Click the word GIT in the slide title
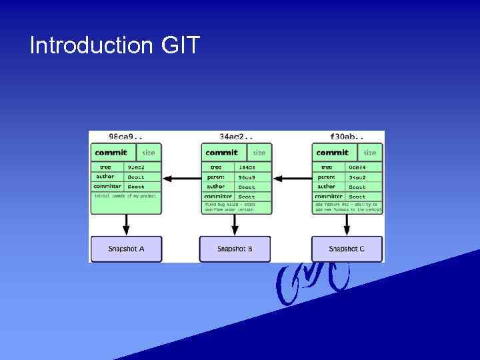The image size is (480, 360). (x=180, y=46)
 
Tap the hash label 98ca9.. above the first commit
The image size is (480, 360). (x=125, y=136)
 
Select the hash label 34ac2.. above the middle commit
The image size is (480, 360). (x=236, y=136)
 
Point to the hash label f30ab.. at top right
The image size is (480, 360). (x=347, y=136)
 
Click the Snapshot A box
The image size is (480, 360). (x=126, y=249)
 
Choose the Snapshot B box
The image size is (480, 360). (x=235, y=249)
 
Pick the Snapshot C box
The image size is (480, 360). (x=347, y=249)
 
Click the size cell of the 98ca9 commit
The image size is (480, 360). (x=148, y=153)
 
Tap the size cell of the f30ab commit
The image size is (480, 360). (x=370, y=153)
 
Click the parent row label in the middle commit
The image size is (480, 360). (x=216, y=177)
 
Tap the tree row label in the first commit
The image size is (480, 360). (x=105, y=167)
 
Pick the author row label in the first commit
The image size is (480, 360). (x=105, y=177)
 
